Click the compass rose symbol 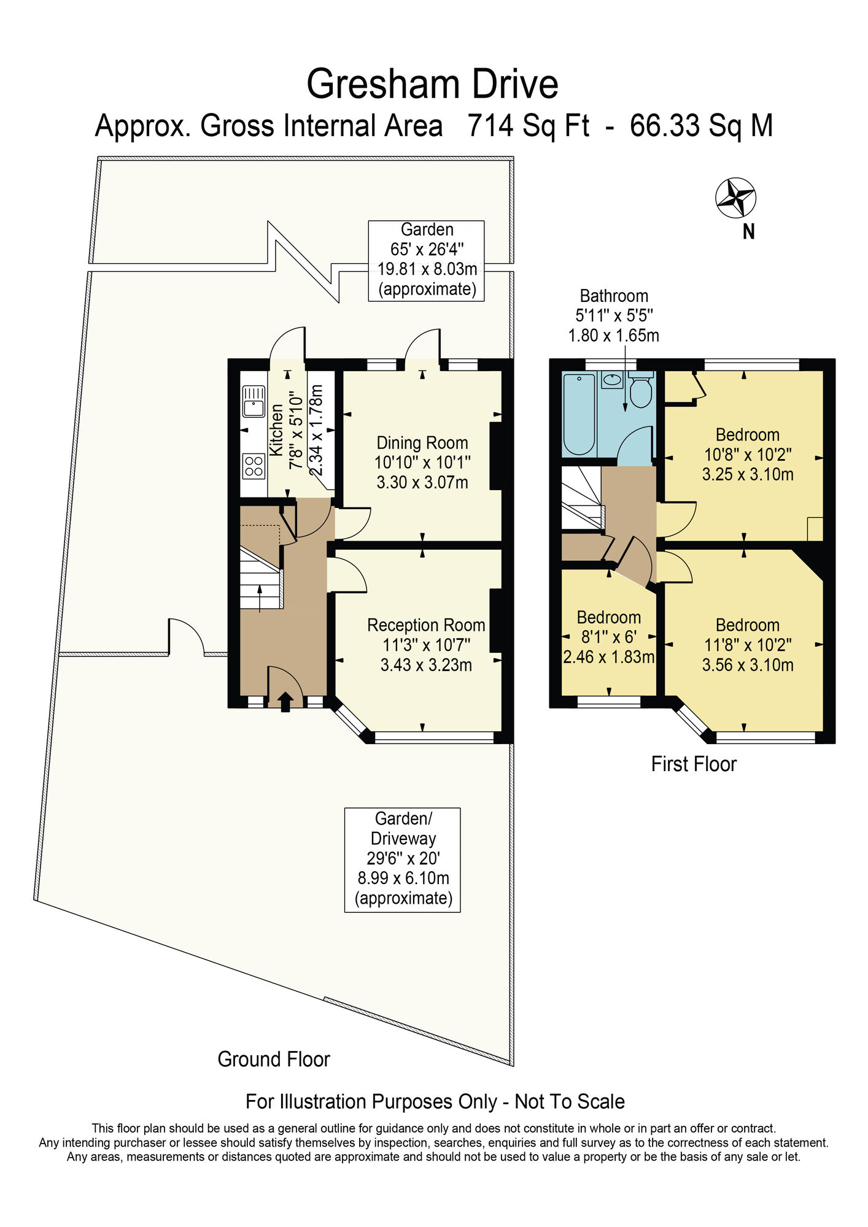735,198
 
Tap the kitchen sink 254,401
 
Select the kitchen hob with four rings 254,465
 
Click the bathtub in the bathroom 579,414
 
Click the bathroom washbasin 612,379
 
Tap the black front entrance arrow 285,702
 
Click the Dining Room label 422,442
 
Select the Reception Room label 426,625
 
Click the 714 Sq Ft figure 529,126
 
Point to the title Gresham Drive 432,84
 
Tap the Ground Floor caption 274,1059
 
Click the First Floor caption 694,764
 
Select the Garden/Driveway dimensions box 403,860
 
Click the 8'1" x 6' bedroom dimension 609,637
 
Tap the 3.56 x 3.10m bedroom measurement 748,664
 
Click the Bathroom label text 614,296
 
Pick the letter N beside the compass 748,232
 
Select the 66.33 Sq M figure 701,126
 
